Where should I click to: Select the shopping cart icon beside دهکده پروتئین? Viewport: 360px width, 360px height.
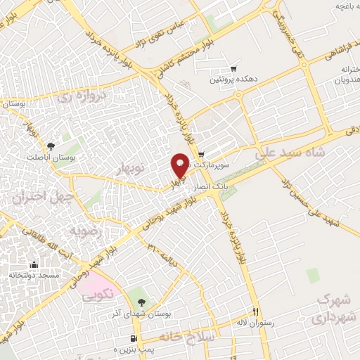click(233, 70)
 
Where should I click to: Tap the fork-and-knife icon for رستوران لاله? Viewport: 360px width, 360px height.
click(257, 311)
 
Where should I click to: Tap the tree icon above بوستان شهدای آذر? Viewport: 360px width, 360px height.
click(142, 302)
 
